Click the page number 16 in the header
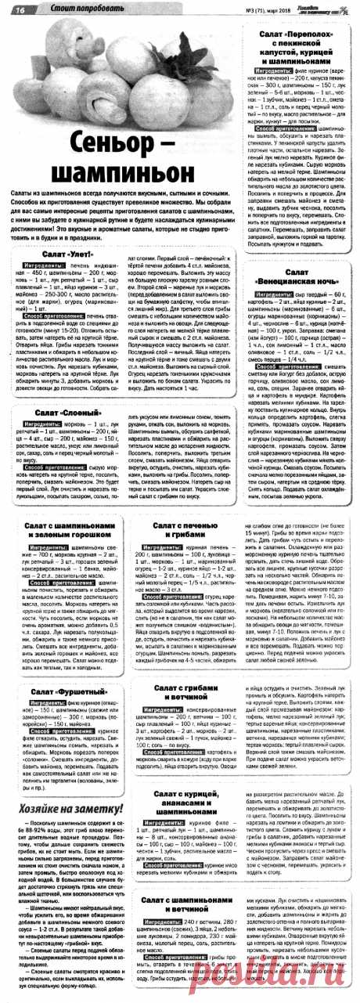click(18, 9)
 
